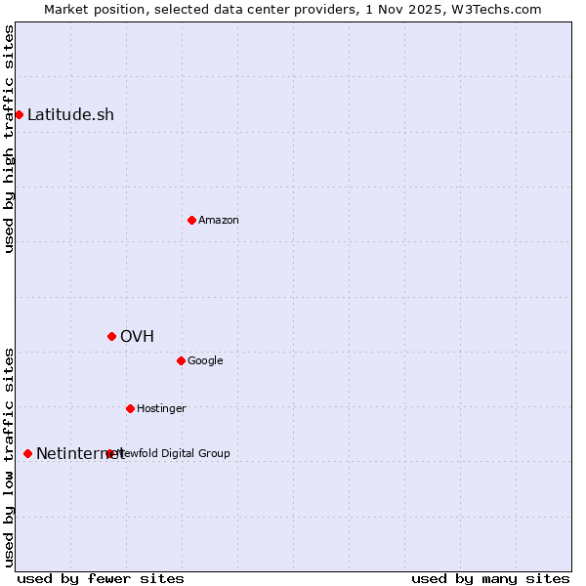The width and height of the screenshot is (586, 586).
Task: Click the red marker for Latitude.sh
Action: (19, 115)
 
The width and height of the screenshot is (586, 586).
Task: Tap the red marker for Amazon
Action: (191, 220)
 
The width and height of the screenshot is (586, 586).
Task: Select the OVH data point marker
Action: (111, 336)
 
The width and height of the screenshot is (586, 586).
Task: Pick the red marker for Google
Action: (181, 360)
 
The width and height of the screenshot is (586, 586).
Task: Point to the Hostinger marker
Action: (130, 408)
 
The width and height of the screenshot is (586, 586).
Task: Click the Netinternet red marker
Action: (27, 453)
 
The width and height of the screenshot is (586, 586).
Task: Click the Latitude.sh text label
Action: (70, 115)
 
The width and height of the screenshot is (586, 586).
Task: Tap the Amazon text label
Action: (219, 220)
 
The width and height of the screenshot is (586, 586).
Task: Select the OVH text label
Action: (138, 336)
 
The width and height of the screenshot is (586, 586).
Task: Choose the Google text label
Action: (205, 360)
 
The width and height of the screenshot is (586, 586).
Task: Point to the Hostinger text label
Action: (161, 408)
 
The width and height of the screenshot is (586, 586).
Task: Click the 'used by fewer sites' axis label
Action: (101, 578)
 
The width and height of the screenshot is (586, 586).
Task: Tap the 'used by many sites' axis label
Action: (490, 578)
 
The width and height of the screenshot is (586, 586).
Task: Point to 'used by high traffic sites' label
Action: (9, 139)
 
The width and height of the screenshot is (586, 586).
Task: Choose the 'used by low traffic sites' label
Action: (9, 457)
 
